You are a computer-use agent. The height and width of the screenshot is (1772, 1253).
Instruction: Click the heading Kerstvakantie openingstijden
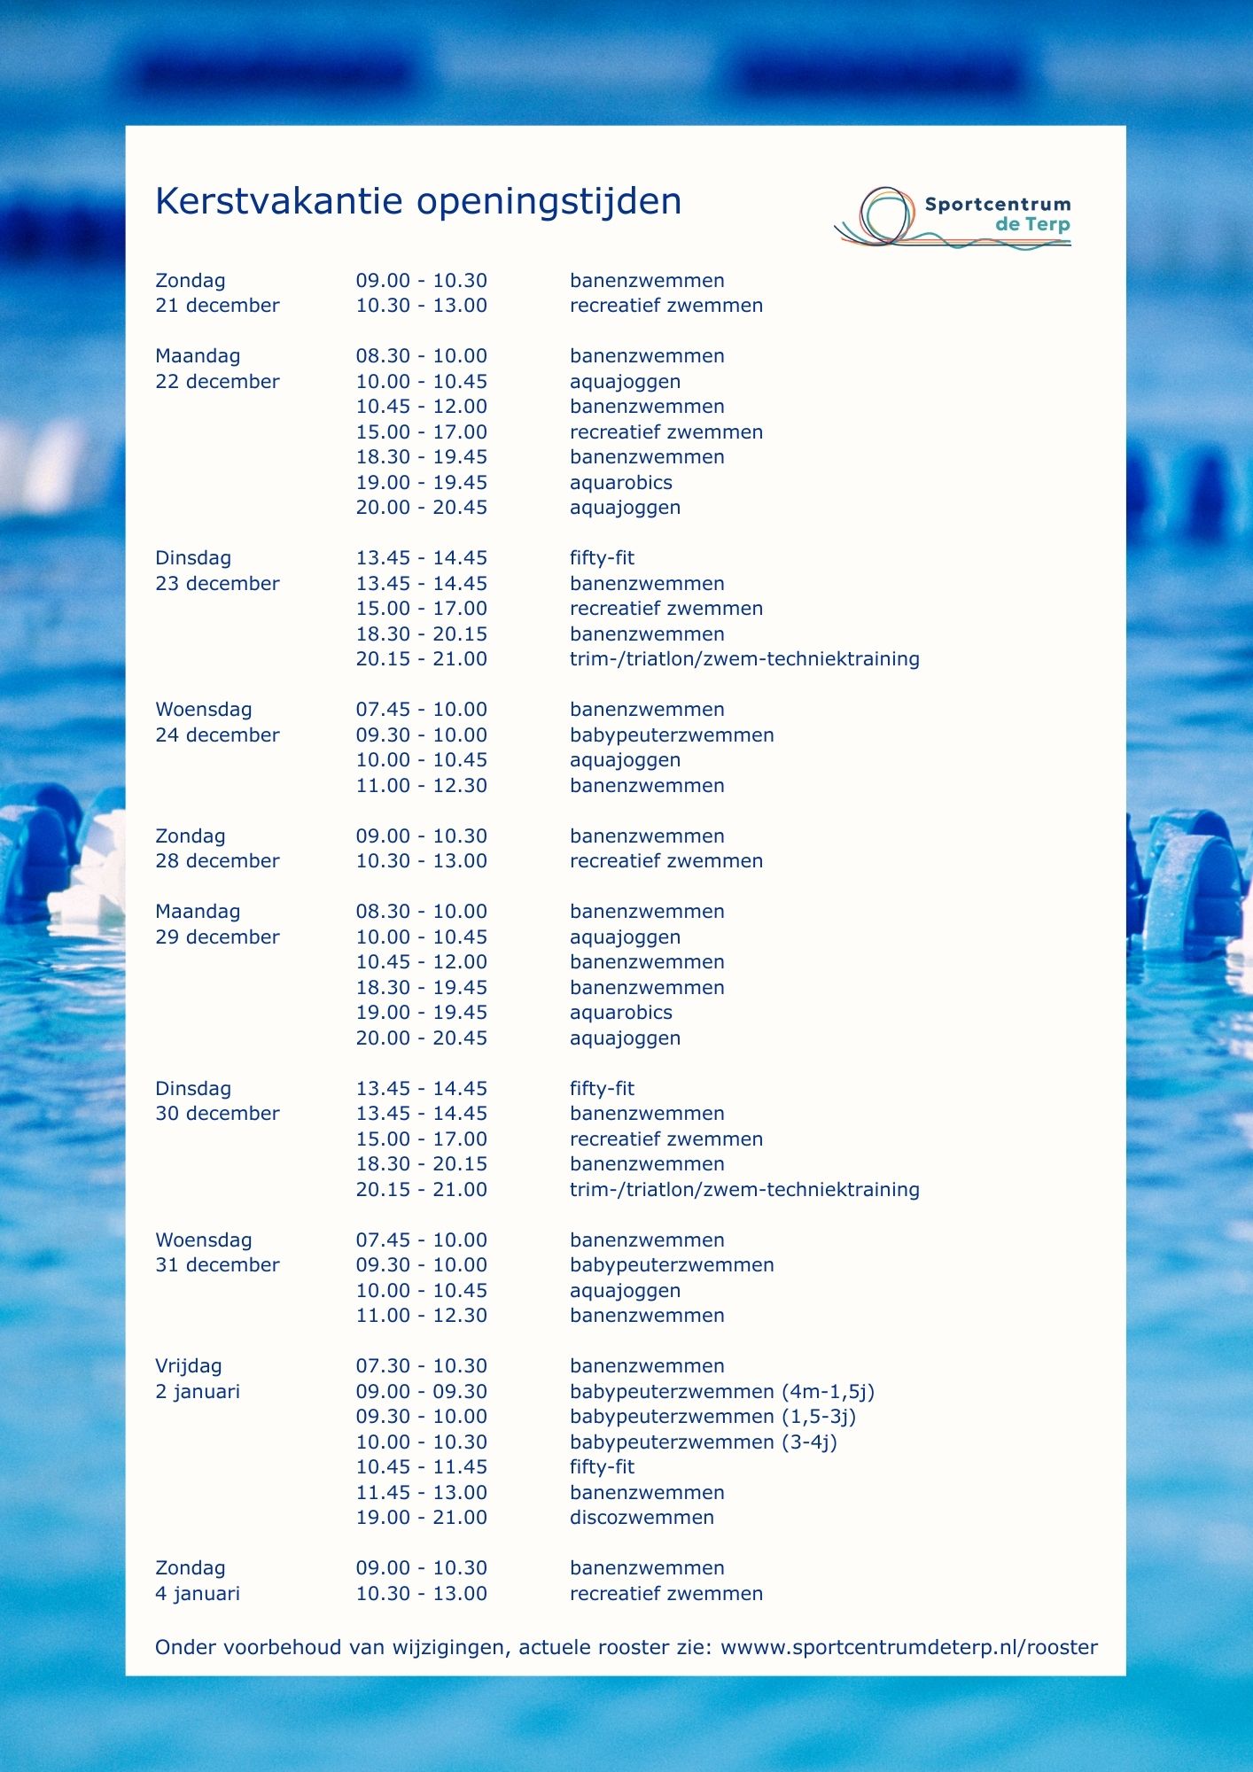[x=417, y=202]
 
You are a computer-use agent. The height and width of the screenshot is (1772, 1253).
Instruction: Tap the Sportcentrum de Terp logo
[x=953, y=216]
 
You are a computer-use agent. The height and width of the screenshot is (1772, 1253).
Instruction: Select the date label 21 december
[x=217, y=306]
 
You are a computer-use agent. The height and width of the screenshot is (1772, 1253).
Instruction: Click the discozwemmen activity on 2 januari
[x=642, y=1518]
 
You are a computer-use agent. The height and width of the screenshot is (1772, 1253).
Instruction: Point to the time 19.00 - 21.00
[x=421, y=1518]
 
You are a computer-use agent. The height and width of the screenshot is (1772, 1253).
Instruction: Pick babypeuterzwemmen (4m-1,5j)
[x=721, y=1392]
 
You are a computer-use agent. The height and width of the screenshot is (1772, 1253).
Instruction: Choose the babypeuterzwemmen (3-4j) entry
[x=703, y=1442]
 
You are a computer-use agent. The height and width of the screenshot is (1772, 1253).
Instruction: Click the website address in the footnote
[x=908, y=1647]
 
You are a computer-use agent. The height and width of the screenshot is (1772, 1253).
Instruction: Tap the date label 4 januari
[x=197, y=1594]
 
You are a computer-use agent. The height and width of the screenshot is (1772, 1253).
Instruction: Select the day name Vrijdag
[x=188, y=1366]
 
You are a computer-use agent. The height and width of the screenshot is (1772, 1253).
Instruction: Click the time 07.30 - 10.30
[x=421, y=1366]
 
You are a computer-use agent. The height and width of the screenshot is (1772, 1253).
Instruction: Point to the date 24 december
[x=217, y=735]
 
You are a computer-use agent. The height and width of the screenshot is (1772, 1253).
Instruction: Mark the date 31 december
[x=217, y=1265]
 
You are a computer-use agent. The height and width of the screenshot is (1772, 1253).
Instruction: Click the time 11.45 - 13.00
[x=421, y=1493]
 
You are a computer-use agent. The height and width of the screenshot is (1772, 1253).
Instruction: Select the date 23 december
[x=217, y=584]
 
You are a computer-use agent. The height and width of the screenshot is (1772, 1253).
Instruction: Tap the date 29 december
[x=217, y=937]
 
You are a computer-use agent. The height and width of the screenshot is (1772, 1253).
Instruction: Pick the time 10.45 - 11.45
[x=421, y=1467]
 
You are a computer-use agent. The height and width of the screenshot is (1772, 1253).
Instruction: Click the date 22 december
[x=217, y=382]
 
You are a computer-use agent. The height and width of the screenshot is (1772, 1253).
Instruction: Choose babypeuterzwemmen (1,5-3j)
[x=712, y=1417]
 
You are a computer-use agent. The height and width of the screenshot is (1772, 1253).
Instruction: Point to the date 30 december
[x=217, y=1114]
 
